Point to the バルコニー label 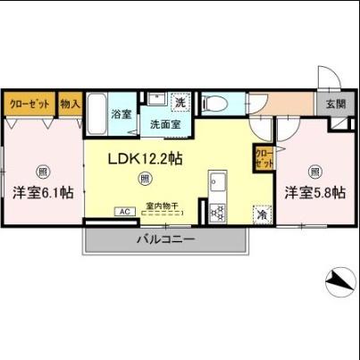[165, 239]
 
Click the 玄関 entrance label [336, 105]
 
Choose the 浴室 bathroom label [121, 114]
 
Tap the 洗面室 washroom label [164, 124]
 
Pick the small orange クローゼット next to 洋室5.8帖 [264, 158]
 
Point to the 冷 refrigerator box [262, 214]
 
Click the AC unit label [124, 212]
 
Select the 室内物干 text [163, 205]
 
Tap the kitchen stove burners [216, 213]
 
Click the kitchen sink [216, 185]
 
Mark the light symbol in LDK [145, 179]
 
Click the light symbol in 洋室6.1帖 [42, 171]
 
